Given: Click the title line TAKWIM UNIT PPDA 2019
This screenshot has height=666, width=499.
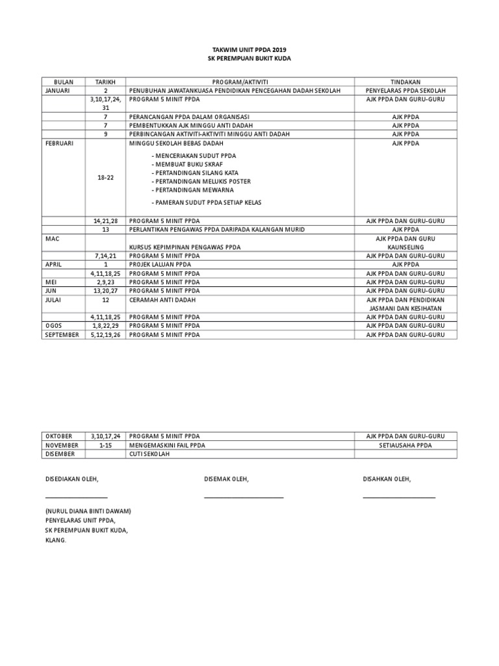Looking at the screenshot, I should tap(249, 49).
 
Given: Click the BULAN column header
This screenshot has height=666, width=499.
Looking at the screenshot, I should tap(63, 82).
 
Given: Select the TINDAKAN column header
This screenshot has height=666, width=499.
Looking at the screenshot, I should tap(405, 82).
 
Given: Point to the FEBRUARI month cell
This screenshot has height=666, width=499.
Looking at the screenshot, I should tap(59, 143).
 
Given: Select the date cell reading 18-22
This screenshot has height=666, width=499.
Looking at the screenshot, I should tap(105, 177).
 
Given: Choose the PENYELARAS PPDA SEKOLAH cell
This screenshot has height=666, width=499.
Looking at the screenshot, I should tap(405, 91).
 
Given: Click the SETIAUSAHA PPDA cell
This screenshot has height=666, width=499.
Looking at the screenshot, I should tap(405, 445).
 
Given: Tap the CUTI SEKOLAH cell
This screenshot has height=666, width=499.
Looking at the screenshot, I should tap(150, 454).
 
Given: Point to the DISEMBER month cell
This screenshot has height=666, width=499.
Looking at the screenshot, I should tap(59, 454).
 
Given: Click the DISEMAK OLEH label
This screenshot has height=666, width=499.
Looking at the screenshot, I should tap(226, 479).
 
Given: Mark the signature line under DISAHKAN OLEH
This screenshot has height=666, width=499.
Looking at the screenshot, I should tap(399, 498).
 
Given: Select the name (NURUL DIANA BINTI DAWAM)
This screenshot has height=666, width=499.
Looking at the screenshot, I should tap(88, 511).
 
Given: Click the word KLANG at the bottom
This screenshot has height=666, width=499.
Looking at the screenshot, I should tap(56, 540).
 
